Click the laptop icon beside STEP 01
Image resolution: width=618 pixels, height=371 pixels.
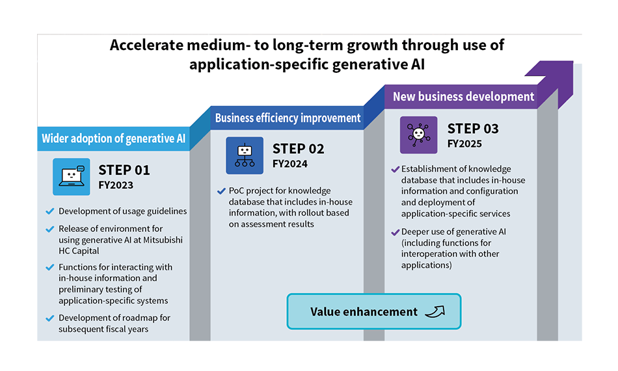click(72, 177)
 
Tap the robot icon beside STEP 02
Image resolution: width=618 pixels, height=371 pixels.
click(245, 155)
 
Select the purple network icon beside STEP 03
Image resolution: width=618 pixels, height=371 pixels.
click(418, 134)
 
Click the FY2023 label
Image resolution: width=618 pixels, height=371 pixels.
click(116, 185)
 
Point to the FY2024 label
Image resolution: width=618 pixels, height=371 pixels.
click(290, 164)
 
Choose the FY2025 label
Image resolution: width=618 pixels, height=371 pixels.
click(464, 144)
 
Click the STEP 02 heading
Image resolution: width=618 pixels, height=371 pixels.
click(299, 149)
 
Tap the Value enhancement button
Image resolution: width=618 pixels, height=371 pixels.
click(374, 311)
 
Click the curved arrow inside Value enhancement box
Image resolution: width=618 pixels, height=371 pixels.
click(435, 311)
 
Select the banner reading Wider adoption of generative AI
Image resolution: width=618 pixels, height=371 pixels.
click(113, 138)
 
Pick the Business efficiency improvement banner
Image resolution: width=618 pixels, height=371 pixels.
click(288, 118)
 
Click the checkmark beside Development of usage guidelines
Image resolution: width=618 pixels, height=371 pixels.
click(49, 212)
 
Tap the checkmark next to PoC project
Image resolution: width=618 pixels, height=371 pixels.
click(221, 192)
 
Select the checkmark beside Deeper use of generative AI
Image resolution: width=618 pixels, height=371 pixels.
click(395, 233)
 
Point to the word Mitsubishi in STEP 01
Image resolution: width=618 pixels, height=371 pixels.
click(163, 240)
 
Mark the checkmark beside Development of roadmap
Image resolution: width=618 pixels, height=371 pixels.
click(49, 318)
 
